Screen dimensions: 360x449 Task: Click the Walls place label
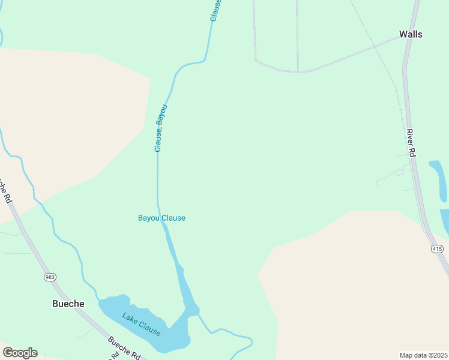click(x=411, y=34)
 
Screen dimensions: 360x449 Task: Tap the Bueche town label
click(x=68, y=304)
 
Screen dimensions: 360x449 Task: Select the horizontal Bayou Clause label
click(x=161, y=218)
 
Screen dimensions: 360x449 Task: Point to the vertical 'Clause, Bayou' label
click(x=159, y=128)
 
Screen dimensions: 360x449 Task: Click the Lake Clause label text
click(x=142, y=324)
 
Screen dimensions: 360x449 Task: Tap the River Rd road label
click(x=411, y=143)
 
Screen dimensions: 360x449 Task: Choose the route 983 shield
click(x=49, y=277)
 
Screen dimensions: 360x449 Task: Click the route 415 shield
click(x=436, y=248)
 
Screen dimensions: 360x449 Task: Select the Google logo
click(x=20, y=352)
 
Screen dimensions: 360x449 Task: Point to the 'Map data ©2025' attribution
click(x=424, y=355)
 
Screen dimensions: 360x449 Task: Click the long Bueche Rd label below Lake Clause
click(x=124, y=349)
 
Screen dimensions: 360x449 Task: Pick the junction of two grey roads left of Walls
click(x=298, y=71)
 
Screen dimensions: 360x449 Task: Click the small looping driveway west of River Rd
click(x=393, y=175)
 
